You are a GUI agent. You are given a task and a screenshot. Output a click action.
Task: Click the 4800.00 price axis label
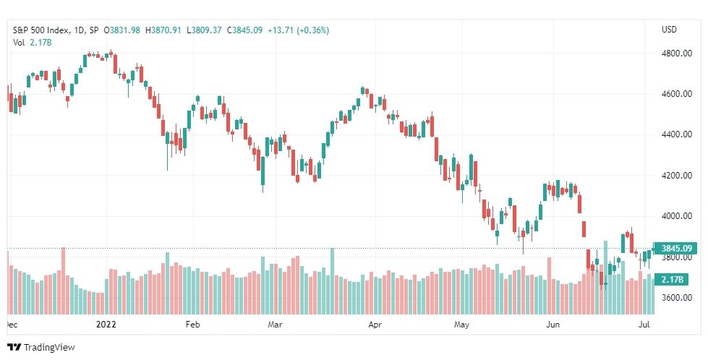(676, 53)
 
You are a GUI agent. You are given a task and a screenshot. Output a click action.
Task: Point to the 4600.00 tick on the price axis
(676, 94)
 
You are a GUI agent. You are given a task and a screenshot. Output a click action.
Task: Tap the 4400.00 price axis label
(676, 134)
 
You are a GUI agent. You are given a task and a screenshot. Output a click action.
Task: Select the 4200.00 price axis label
(676, 175)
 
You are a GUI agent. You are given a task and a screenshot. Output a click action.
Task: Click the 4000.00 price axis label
(676, 215)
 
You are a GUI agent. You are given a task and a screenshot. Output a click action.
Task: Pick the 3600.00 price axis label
(676, 297)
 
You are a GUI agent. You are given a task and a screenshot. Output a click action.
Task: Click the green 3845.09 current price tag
(676, 248)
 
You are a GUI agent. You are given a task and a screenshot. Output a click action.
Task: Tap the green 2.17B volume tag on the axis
(673, 280)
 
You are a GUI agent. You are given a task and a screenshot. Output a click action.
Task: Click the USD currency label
(669, 30)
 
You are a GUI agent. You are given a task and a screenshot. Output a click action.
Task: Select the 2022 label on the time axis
(106, 325)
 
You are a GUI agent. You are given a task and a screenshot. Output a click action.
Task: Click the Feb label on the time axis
(193, 325)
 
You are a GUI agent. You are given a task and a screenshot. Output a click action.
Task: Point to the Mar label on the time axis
(275, 325)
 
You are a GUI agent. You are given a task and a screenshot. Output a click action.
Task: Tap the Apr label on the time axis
(375, 325)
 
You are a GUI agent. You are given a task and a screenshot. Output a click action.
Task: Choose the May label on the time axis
(461, 325)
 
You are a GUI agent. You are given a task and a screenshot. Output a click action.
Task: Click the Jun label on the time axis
(553, 325)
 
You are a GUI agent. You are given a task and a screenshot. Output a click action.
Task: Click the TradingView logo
(41, 348)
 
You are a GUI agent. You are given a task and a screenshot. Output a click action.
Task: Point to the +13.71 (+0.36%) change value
(299, 30)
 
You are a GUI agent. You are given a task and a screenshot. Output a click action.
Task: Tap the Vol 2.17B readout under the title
(32, 43)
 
